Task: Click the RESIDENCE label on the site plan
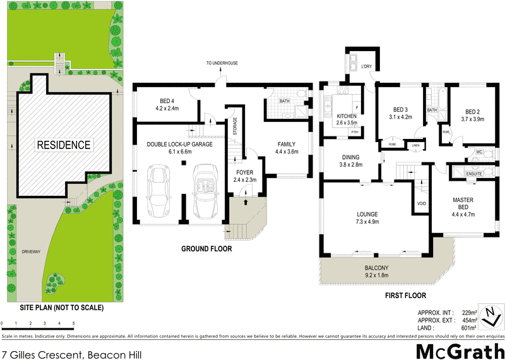tap(63, 145)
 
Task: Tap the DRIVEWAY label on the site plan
tap(30, 251)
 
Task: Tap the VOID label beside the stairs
tap(421, 203)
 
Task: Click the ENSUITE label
tap(474, 173)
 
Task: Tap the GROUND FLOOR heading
tap(206, 249)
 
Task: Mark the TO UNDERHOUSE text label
tap(222, 63)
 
